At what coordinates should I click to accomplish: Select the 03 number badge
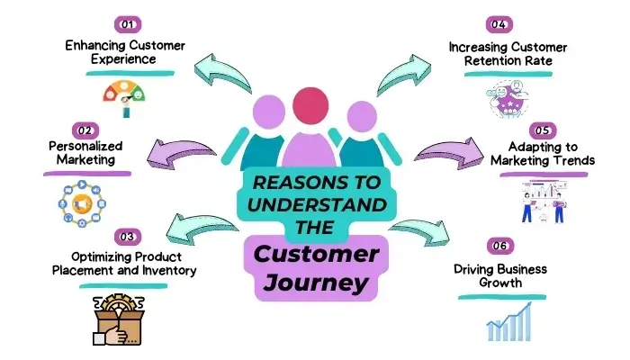(130, 237)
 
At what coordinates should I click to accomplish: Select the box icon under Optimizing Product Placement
(118, 317)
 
